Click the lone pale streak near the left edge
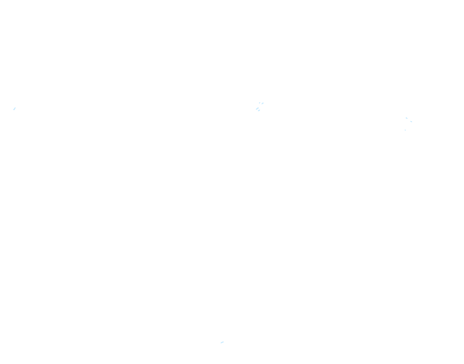tap(14, 109)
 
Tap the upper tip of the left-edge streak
tap(15, 108)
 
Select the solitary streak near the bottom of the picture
tap(222, 342)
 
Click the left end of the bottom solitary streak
tap(221, 343)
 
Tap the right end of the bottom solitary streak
tap(224, 342)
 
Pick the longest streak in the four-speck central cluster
tap(257, 109)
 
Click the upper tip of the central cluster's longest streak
tap(258, 108)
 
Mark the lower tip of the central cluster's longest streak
tap(256, 110)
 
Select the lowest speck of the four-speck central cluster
tap(259, 110)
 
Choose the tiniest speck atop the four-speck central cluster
tap(259, 103)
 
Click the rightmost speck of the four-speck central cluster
tap(263, 104)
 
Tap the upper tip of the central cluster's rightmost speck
tap(263, 103)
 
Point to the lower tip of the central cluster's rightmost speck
tap(262, 104)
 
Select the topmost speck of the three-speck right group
tap(406, 118)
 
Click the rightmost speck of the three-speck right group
tap(411, 122)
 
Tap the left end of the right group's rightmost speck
tap(410, 121)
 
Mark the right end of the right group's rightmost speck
tap(412, 122)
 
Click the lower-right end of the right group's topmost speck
tap(407, 119)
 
